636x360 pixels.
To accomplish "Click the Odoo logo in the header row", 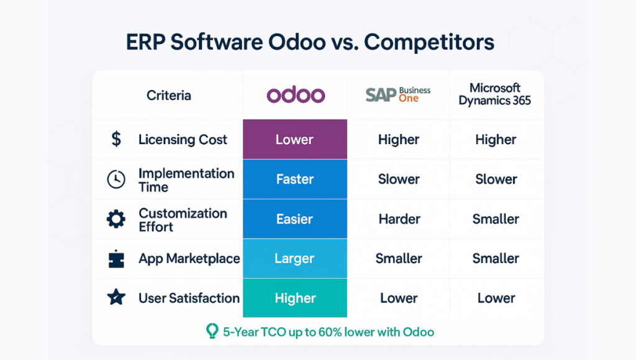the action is [296, 95].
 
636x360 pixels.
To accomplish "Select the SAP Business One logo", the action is [398, 94].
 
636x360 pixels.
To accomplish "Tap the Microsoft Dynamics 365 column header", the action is [495, 94].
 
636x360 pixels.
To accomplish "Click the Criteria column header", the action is [169, 95].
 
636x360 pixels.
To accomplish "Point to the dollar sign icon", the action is [116, 139].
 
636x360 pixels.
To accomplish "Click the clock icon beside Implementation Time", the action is [116, 179].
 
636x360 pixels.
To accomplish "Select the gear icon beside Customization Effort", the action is [116, 219].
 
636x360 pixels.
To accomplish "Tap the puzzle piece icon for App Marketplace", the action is [116, 259].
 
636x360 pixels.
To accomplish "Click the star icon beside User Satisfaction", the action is [116, 297].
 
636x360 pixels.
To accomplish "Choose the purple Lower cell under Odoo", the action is [295, 139].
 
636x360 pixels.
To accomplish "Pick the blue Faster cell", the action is [295, 179].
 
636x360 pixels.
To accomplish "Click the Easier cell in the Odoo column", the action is [295, 219].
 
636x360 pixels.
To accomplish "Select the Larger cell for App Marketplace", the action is [295, 259].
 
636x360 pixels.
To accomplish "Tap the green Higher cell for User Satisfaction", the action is [295, 298].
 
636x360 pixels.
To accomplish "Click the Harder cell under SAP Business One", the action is [399, 219].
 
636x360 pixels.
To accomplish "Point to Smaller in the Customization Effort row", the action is [496, 219].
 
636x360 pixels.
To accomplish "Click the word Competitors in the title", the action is [429, 42].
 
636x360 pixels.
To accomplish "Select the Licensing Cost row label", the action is [183, 140].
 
